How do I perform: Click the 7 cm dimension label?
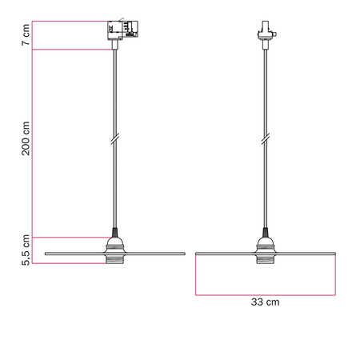[26, 36]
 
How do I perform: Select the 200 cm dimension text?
[26, 138]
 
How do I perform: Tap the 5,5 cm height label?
[26, 250]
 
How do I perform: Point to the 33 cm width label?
[264, 302]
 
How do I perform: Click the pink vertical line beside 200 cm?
[33, 144]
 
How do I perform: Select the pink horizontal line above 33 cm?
[264, 294]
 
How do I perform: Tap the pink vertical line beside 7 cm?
[33, 36]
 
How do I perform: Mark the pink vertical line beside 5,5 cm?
[33, 250]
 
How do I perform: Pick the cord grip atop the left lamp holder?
[115, 234]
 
